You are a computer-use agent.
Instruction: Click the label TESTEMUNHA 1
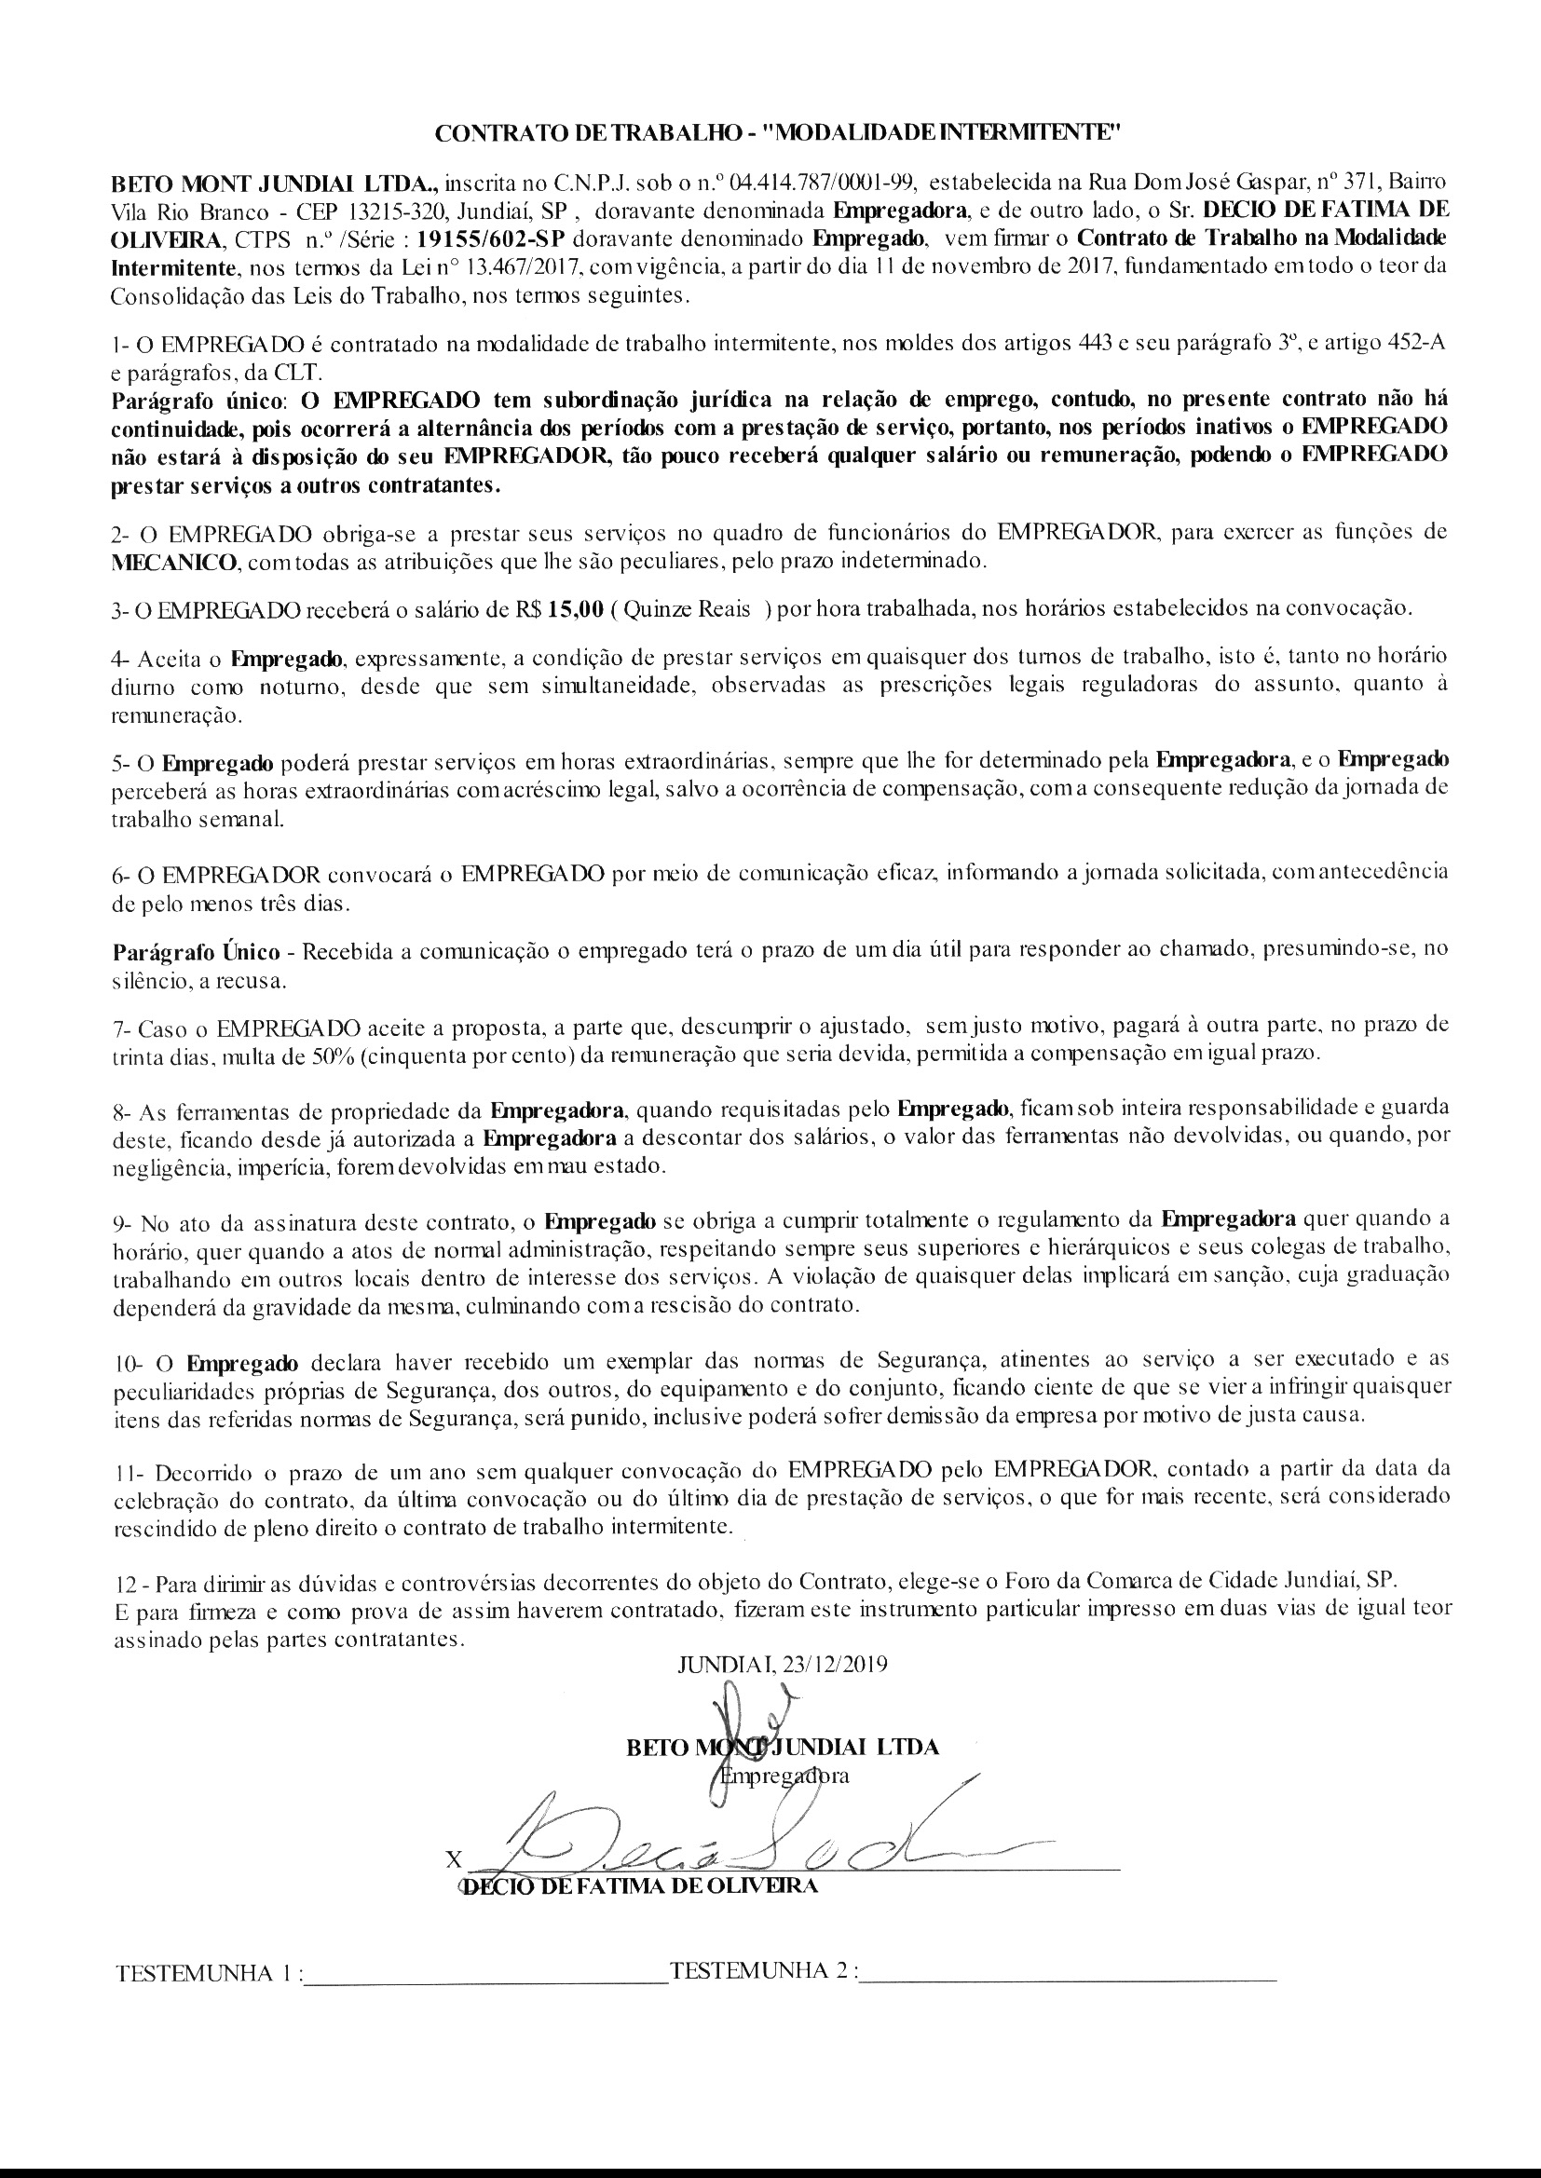(206, 1972)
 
